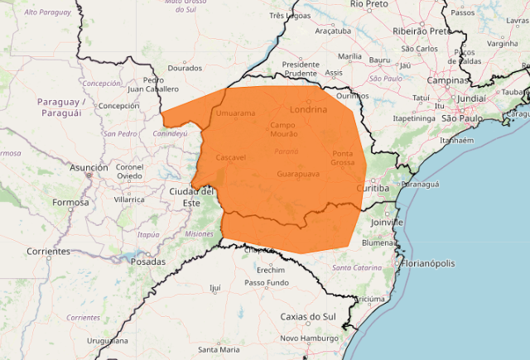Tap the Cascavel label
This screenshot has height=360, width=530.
[x=230, y=156]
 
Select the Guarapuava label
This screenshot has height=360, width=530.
[x=300, y=175]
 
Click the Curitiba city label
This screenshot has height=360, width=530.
[x=371, y=189]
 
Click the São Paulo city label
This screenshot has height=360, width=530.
[x=460, y=118]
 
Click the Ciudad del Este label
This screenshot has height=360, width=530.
[x=191, y=197]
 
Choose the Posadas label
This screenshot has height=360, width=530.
[x=148, y=261]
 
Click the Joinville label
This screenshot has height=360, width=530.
[x=386, y=223]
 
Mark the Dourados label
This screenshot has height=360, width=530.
[x=185, y=68]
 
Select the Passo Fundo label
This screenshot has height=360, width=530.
[x=267, y=283]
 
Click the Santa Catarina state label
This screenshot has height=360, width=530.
[x=357, y=268]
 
